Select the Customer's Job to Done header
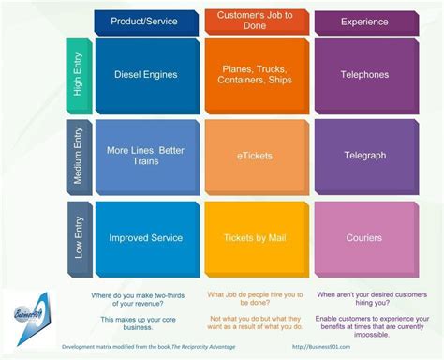(x=255, y=22)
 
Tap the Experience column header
(x=364, y=22)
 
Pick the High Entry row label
(x=79, y=75)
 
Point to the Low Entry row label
(x=79, y=238)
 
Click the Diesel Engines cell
(x=146, y=75)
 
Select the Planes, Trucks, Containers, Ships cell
(x=255, y=75)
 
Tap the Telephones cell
(x=364, y=75)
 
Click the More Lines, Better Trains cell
(x=146, y=156)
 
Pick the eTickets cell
(x=255, y=156)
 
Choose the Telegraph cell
(x=364, y=156)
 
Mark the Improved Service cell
(x=146, y=238)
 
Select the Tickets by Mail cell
(x=255, y=238)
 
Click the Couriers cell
(x=364, y=238)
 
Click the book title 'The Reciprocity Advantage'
(x=200, y=347)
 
